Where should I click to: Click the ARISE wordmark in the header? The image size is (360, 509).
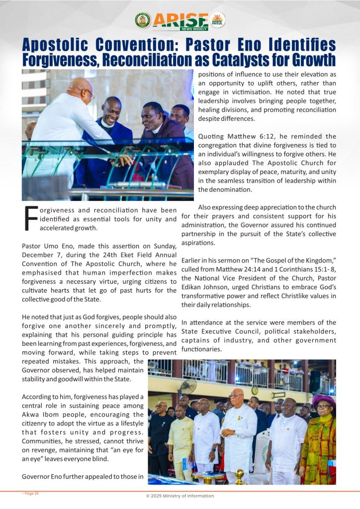click(180, 20)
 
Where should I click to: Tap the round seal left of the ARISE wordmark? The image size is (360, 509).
click(143, 20)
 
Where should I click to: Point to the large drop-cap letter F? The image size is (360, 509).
click(31, 219)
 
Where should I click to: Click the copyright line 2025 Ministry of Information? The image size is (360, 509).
click(180, 496)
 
